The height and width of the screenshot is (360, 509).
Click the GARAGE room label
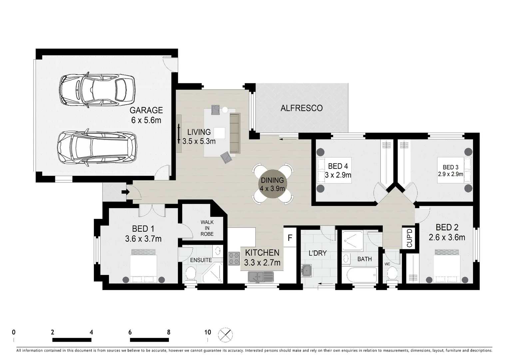pyautogui.click(x=146, y=110)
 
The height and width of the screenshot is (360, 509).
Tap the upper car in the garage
pyautogui.click(x=97, y=90)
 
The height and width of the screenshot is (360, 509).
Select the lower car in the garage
pyautogui.click(x=97, y=148)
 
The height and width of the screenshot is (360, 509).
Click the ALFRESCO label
pyautogui.click(x=301, y=108)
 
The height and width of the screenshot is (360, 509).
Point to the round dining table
pyautogui.click(x=272, y=184)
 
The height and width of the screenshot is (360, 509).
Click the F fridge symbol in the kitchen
pyautogui.click(x=290, y=238)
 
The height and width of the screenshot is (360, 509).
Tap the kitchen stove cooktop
pyautogui.click(x=234, y=258)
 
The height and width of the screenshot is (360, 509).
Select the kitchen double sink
pyautogui.click(x=260, y=277)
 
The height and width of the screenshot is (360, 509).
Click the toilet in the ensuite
pyautogui.click(x=191, y=274)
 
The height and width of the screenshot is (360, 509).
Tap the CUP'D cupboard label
pyautogui.click(x=409, y=237)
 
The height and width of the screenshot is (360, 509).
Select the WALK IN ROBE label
pyautogui.click(x=207, y=228)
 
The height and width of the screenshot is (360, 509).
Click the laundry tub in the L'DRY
pyautogui.click(x=306, y=271)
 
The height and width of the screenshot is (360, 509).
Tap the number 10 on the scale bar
pyautogui.click(x=208, y=332)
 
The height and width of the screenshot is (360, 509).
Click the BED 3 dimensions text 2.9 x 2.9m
pyautogui.click(x=450, y=174)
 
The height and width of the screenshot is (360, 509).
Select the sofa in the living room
pyautogui.click(x=235, y=133)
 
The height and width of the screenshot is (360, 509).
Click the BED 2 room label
pyautogui.click(x=447, y=227)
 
